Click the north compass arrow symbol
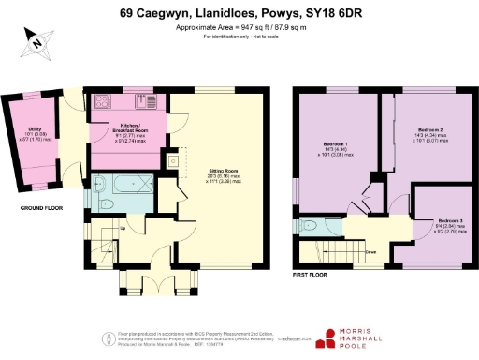pos(34,39)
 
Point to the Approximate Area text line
pos(239,27)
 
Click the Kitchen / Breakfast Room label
pos(128,128)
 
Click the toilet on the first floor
pos(310,226)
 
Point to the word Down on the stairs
pos(370,252)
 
